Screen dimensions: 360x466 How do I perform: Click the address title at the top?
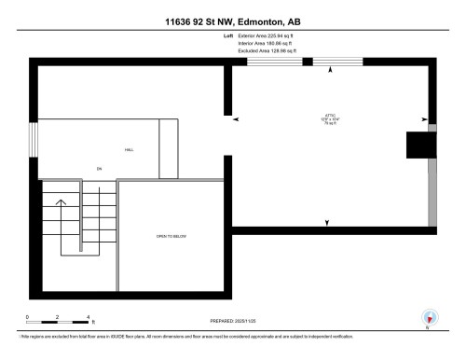(233, 21)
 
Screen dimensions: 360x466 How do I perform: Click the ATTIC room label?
(329, 116)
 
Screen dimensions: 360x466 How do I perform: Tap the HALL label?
(129, 150)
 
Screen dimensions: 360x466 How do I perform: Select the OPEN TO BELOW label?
(171, 237)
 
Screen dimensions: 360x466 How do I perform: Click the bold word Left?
(229, 35)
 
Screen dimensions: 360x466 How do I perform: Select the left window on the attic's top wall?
(269, 62)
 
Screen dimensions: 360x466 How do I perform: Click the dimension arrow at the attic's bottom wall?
(327, 222)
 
